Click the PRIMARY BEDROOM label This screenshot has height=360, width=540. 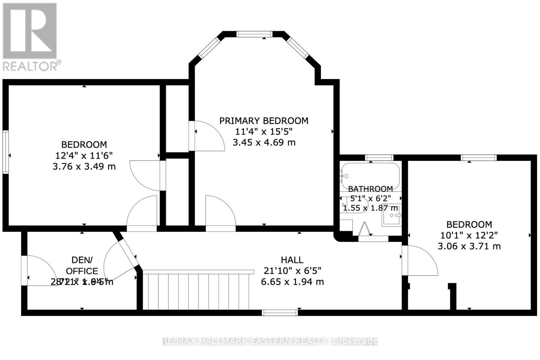pyautogui.click(x=264, y=121)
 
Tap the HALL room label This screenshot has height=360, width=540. pyautogui.click(x=292, y=260)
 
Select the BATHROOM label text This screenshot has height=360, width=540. pyautogui.click(x=370, y=189)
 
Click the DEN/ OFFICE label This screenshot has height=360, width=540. pyautogui.click(x=82, y=266)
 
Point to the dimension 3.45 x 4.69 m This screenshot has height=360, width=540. pyautogui.click(x=264, y=142)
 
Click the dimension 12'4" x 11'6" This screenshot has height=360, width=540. pyautogui.click(x=84, y=156)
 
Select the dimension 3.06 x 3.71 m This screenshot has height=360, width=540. pyautogui.click(x=469, y=246)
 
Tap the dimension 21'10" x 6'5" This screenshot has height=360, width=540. pyautogui.click(x=292, y=271)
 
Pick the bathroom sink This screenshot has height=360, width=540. pyautogui.click(x=391, y=215)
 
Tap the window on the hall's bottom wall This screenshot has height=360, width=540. pyautogui.click(x=280, y=313)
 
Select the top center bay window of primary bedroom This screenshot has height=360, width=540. pyautogui.click(x=254, y=34)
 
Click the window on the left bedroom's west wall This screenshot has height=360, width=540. pyautogui.click(x=5, y=152)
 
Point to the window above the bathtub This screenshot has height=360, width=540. pyautogui.click(x=379, y=157)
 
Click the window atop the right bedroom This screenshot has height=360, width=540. pyautogui.click(x=479, y=157)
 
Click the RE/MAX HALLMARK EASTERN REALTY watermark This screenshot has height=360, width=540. pyautogui.click(x=270, y=341)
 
